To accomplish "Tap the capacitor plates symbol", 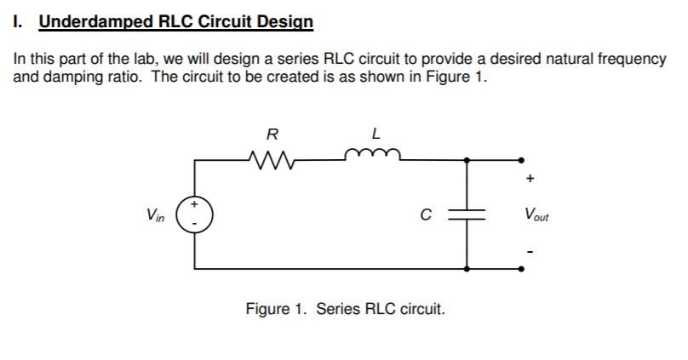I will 467,214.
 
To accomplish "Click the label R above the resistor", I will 272,134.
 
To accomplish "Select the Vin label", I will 155,214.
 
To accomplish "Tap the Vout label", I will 536,214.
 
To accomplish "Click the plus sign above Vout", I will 530,180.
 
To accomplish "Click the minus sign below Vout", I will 530,250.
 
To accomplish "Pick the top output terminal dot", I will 521,159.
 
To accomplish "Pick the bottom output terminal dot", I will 521,268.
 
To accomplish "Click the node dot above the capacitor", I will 467,159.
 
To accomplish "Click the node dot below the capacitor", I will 467,268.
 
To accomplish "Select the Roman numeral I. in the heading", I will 19,21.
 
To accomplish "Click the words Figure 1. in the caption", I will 277,309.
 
